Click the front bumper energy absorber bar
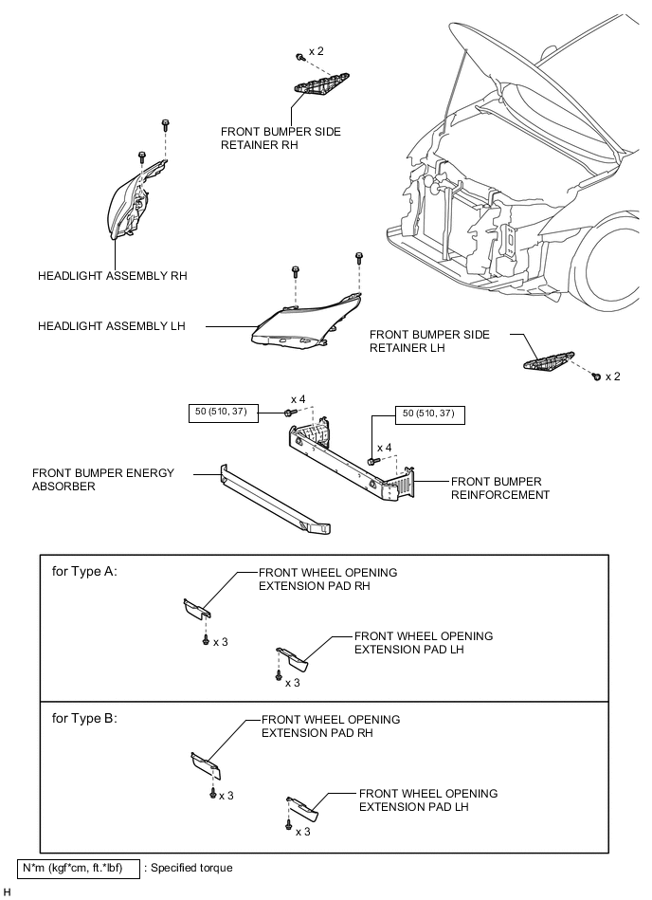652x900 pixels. (x=275, y=498)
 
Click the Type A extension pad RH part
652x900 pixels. (x=197, y=609)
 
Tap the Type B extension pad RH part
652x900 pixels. (x=206, y=765)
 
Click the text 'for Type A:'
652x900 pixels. (x=84, y=571)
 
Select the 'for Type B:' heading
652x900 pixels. (x=84, y=718)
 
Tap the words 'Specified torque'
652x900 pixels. (x=191, y=868)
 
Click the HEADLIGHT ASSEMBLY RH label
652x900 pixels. (x=113, y=276)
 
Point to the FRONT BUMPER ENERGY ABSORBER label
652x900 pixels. (x=103, y=479)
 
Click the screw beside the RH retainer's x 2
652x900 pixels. (x=299, y=57)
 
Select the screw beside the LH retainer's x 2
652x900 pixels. (x=597, y=377)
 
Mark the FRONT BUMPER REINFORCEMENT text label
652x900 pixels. (x=500, y=487)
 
